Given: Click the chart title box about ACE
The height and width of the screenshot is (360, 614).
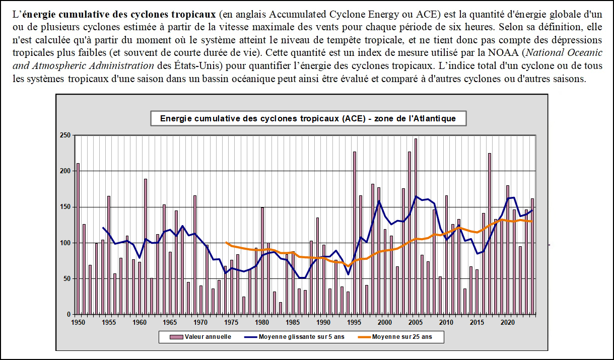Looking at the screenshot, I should tap(307, 119).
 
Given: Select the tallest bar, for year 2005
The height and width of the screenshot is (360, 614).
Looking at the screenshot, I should tap(416, 227).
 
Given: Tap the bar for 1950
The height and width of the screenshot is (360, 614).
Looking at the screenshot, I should tap(78, 239).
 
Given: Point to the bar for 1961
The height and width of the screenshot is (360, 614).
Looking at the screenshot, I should tap(146, 247).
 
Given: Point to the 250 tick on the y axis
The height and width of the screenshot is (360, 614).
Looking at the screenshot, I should tap(64, 135).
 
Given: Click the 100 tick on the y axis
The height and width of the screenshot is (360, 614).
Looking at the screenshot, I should tap(64, 243).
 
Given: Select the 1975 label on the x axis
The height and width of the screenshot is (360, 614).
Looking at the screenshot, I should tap(231, 321).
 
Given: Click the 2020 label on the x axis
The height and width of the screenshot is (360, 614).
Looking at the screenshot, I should tap(508, 321).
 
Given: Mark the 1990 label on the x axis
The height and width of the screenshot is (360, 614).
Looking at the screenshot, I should tap(323, 321).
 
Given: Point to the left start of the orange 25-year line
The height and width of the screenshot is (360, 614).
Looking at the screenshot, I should tap(226, 242).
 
